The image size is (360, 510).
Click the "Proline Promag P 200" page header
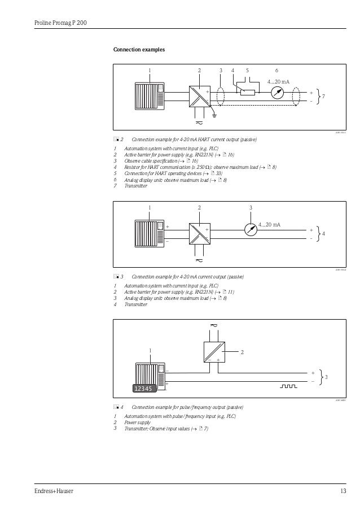point(59,23)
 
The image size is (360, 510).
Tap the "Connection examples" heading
point(139,50)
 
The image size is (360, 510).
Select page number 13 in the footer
point(343,491)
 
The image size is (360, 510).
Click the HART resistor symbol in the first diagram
point(247,93)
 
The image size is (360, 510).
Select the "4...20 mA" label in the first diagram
point(278,82)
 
